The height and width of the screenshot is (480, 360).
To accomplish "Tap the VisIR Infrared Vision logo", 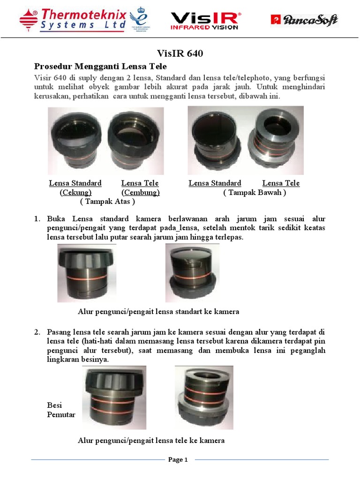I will click(204, 21).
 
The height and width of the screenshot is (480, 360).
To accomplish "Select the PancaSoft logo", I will click(304, 20).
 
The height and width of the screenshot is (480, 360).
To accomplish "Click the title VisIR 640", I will click(180, 54).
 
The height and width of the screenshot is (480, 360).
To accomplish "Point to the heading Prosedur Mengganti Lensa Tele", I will click(101, 66).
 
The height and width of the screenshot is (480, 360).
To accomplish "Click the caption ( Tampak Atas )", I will click(108, 202).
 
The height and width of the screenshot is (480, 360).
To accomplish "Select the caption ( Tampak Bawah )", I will click(255, 192).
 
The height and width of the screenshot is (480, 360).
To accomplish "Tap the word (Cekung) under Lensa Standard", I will click(75, 192).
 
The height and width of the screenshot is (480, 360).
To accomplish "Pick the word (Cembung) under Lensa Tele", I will click(141, 192).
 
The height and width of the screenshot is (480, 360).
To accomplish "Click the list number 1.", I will click(37, 219).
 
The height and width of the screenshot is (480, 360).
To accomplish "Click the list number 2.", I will click(37, 332).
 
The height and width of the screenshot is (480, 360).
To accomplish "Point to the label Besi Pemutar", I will click(61, 410).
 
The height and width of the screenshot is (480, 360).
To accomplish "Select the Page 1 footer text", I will click(178, 459).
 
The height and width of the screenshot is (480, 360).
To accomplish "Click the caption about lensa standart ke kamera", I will click(158, 311).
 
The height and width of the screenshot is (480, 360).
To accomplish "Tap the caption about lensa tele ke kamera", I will click(151, 440).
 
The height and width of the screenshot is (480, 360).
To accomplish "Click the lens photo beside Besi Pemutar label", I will click(114, 398).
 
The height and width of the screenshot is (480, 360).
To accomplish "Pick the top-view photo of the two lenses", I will click(106, 141).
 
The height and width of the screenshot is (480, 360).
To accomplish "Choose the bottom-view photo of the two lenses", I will click(246, 140).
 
